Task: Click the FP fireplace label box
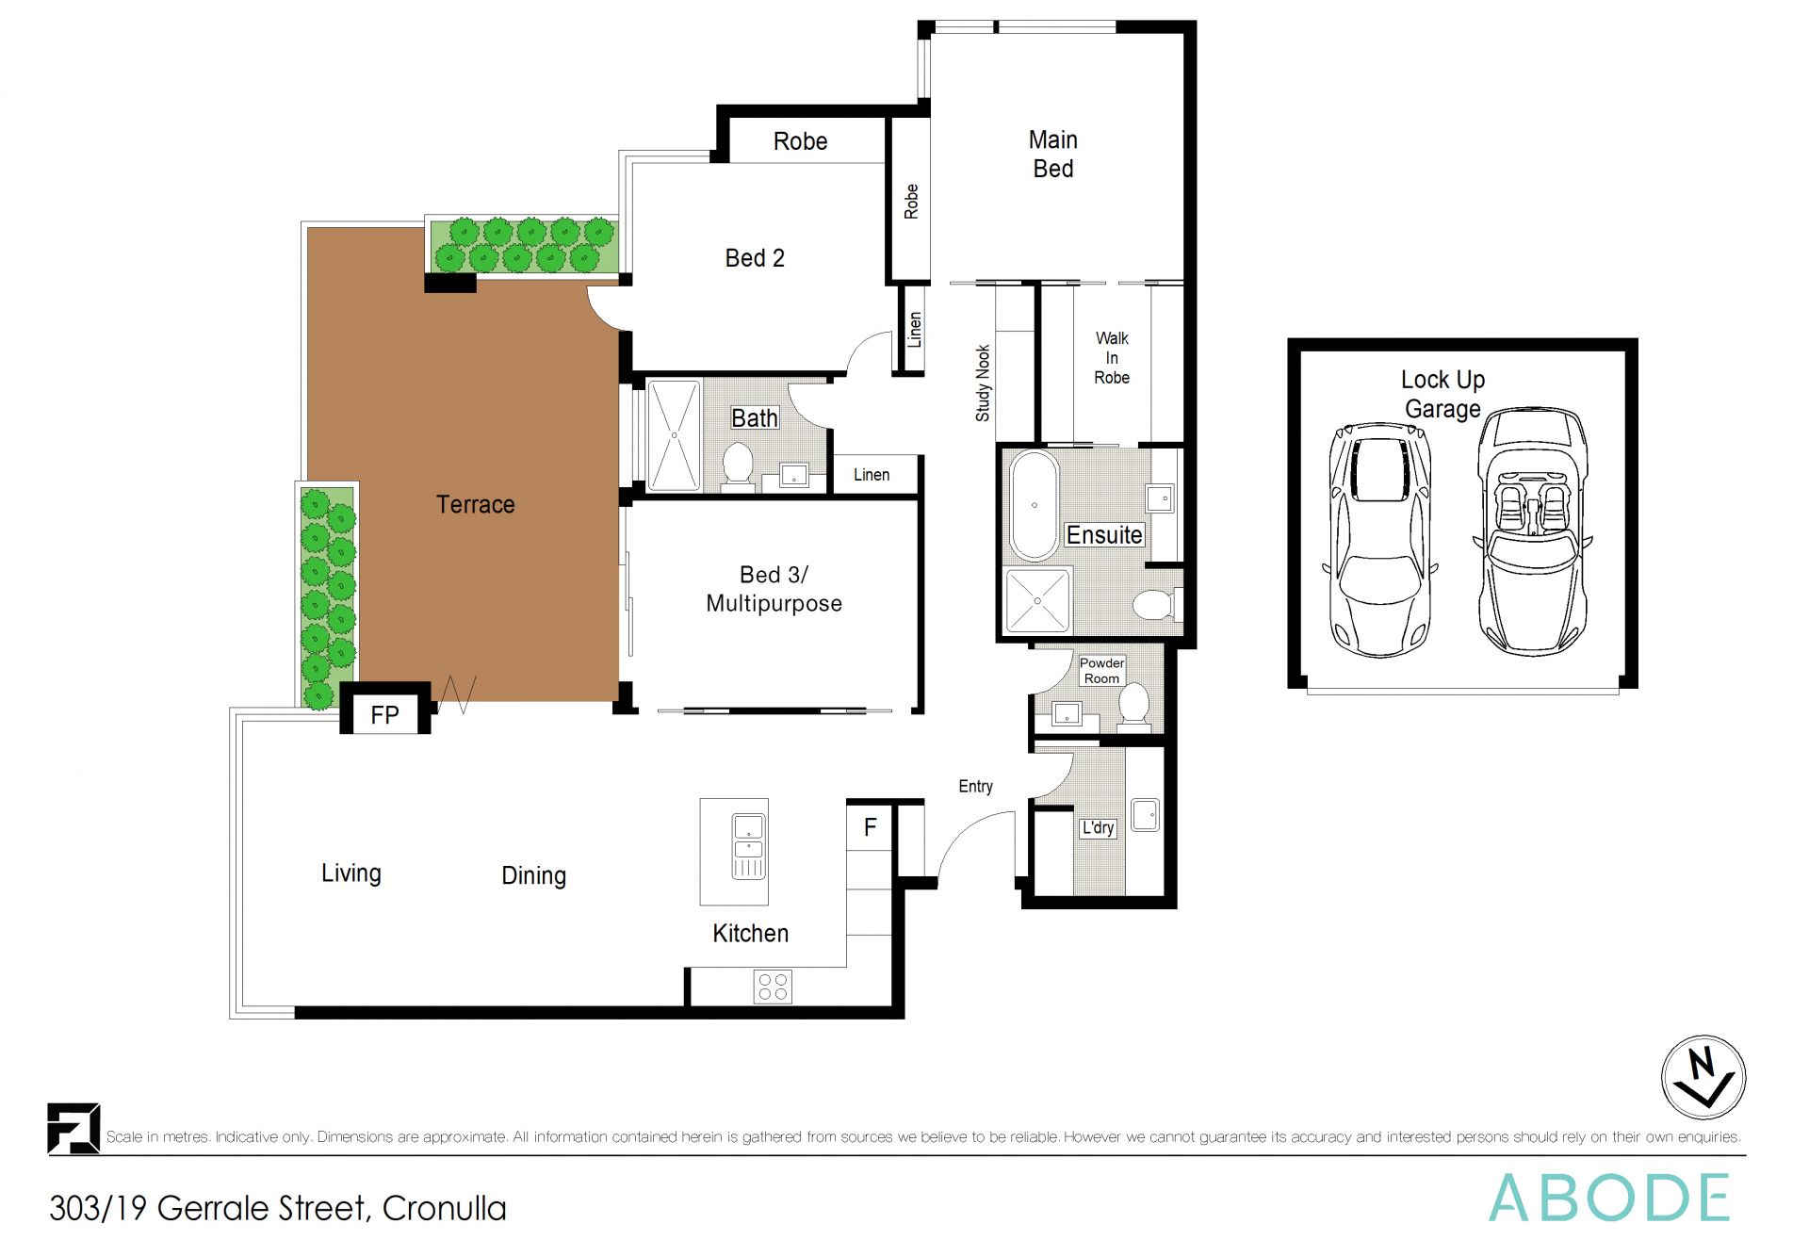[x=384, y=714]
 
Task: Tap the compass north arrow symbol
[x=1703, y=1077]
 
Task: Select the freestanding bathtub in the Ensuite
[x=1034, y=506]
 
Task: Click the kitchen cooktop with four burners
[x=773, y=987]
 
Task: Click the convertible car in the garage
[x=1532, y=532]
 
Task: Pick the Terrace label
[x=475, y=504]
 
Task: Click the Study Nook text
[x=983, y=383]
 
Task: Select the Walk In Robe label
[x=1112, y=357]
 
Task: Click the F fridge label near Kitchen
[x=870, y=827]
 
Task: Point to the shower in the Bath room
[x=674, y=434]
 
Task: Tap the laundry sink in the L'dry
[x=1145, y=815]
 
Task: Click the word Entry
[x=975, y=786]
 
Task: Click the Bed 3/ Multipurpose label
[x=774, y=589]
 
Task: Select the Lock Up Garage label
[x=1442, y=394]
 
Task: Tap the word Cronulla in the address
[x=444, y=1208]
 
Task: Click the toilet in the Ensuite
[x=1153, y=604]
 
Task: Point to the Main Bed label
[x=1052, y=154]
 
